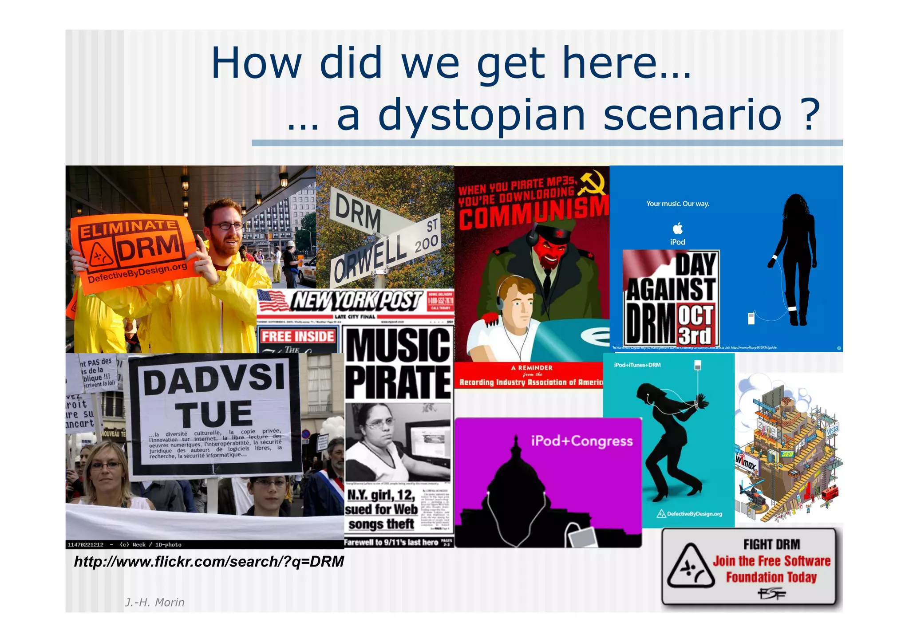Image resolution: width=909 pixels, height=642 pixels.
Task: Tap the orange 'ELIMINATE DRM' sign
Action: pos(133,251)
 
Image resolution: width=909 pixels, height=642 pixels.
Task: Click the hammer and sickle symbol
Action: pos(594,182)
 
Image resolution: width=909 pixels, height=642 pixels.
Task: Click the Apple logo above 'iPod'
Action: pos(678,228)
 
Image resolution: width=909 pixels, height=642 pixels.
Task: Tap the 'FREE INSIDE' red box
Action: pos(297,336)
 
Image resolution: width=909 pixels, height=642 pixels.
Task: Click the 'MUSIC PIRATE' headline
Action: pos(398,363)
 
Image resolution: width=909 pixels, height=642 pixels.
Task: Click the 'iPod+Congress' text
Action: pos(581,441)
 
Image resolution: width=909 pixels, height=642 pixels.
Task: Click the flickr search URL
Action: pos(209,562)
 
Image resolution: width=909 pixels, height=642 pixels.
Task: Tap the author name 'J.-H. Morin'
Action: pos(154,602)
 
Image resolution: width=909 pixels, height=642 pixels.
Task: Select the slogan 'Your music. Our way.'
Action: pos(678,204)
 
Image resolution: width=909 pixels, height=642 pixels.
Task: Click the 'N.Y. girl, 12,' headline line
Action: pos(381,495)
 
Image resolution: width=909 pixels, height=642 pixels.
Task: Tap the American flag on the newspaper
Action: pos(273,302)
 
